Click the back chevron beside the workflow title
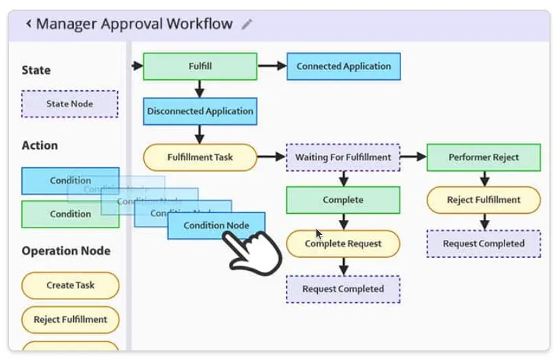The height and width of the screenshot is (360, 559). click(x=28, y=24)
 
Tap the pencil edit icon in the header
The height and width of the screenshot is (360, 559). click(x=247, y=24)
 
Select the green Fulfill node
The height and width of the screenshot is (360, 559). click(x=200, y=67)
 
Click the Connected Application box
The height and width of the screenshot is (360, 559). click(x=343, y=67)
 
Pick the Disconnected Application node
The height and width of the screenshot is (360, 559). click(x=200, y=111)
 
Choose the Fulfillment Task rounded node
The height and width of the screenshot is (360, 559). click(x=200, y=157)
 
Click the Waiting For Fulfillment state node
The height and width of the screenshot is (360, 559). click(x=343, y=157)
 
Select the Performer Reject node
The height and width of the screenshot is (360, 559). click(x=483, y=157)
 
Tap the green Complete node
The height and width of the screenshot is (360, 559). click(x=343, y=200)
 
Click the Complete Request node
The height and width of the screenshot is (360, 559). click(x=343, y=244)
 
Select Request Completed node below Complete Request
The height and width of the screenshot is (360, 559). click(x=343, y=289)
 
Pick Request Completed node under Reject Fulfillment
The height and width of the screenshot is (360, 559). click(x=483, y=244)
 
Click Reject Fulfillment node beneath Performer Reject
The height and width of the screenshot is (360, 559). click(x=483, y=200)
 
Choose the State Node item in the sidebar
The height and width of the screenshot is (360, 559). click(x=70, y=104)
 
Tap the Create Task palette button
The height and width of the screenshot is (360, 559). click(x=70, y=286)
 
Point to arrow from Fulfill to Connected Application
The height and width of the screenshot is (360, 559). click(x=272, y=67)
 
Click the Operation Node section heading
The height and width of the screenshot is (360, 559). click(x=65, y=251)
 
